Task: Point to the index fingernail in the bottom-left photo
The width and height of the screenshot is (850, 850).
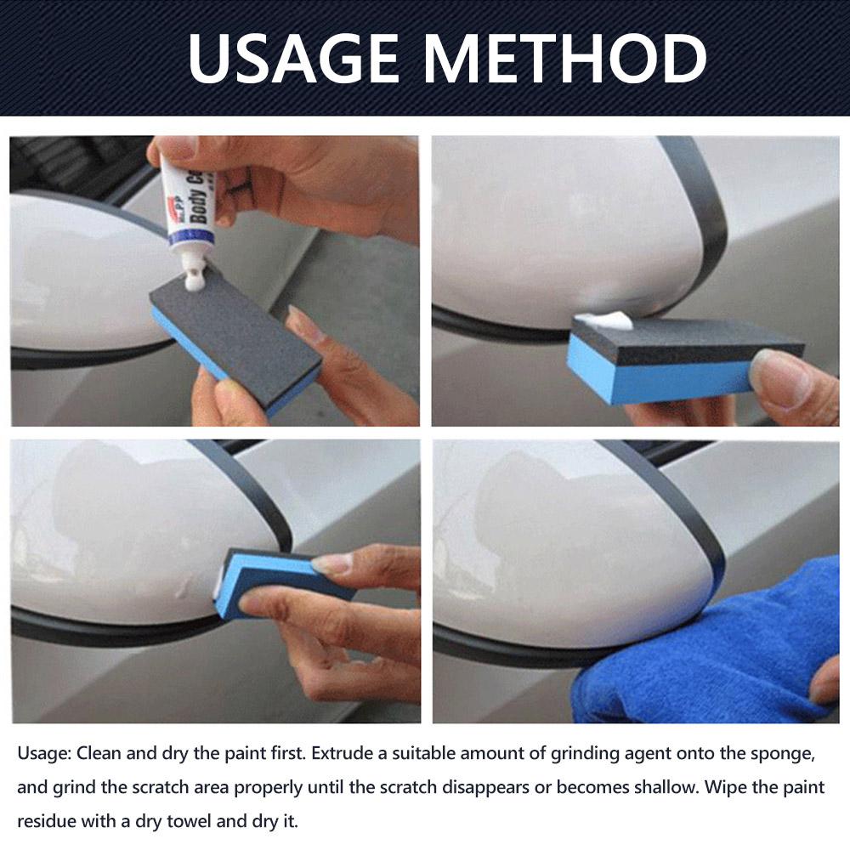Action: coord(332,564)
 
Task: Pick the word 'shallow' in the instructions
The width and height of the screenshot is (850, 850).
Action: coord(652,788)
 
